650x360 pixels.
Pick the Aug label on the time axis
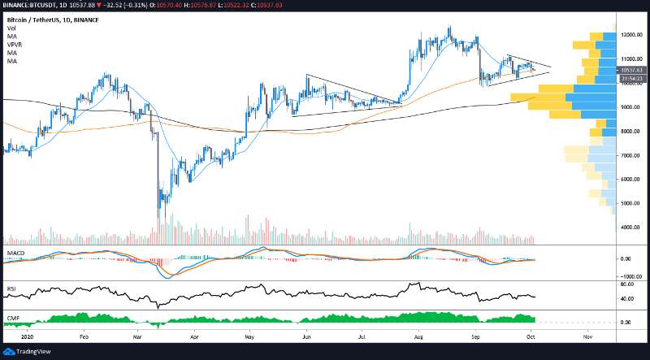click(x=418, y=334)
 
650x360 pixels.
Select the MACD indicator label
click(x=15, y=254)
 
